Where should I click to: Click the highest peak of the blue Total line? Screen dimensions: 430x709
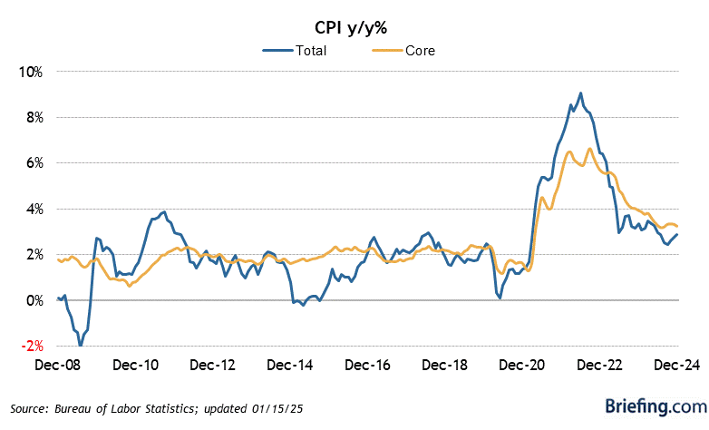(x=580, y=93)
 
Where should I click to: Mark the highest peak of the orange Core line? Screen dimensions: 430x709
(x=590, y=149)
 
